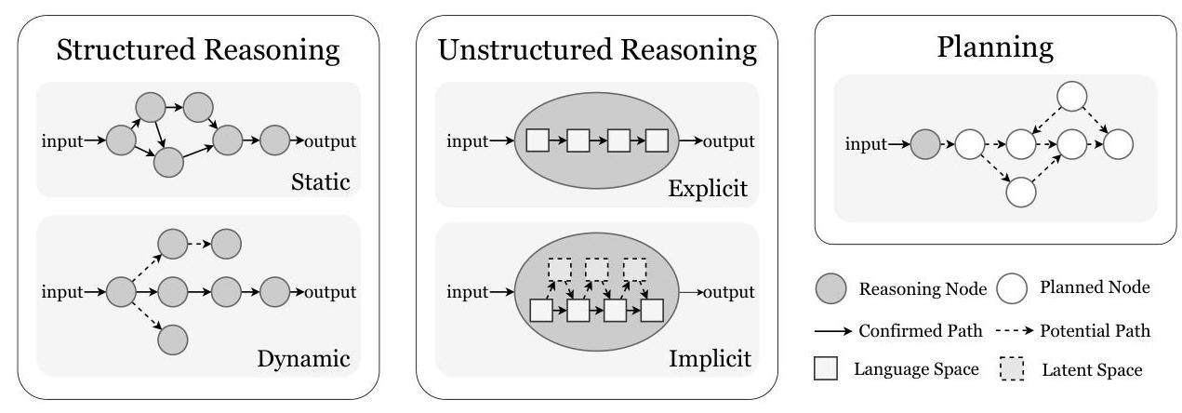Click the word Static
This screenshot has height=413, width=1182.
pos(319,181)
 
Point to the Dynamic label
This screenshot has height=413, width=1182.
pos(305,358)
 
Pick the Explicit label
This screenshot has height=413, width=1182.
pos(707,190)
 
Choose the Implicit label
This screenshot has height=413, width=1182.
pos(708,358)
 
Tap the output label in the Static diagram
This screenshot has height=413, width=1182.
pos(326,141)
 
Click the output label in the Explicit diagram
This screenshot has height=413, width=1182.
pos(727,141)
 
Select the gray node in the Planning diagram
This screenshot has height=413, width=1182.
pos(924,144)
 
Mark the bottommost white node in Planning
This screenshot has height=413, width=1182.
pos(1021,192)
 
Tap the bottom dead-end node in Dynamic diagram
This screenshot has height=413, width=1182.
pos(172,339)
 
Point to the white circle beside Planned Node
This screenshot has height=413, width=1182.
pos(1011,289)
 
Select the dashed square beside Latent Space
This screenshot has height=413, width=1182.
pos(1010,369)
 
